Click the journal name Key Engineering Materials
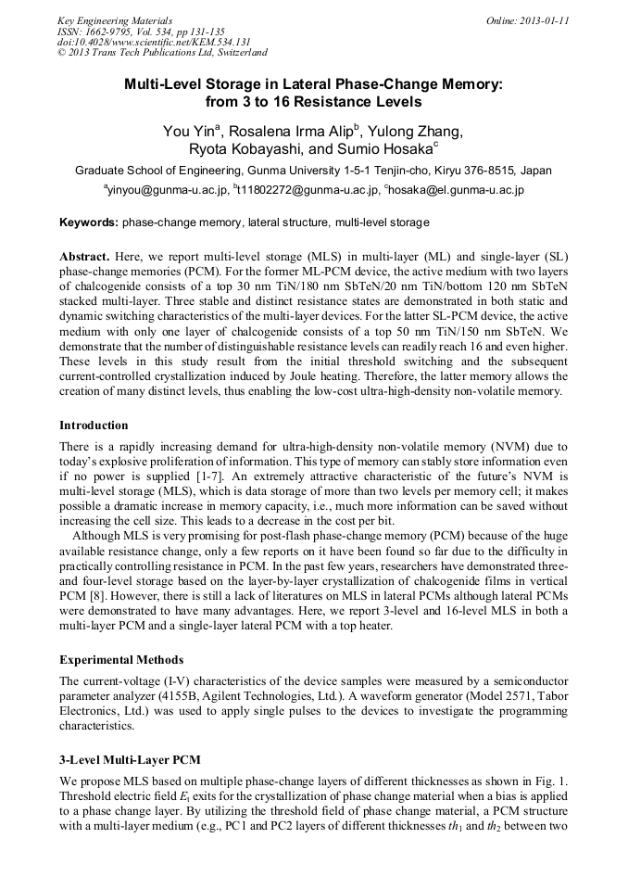click(x=115, y=20)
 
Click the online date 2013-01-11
click(x=543, y=20)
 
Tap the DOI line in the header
click(x=154, y=42)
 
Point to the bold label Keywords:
click(x=89, y=223)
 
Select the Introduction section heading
click(x=94, y=425)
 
